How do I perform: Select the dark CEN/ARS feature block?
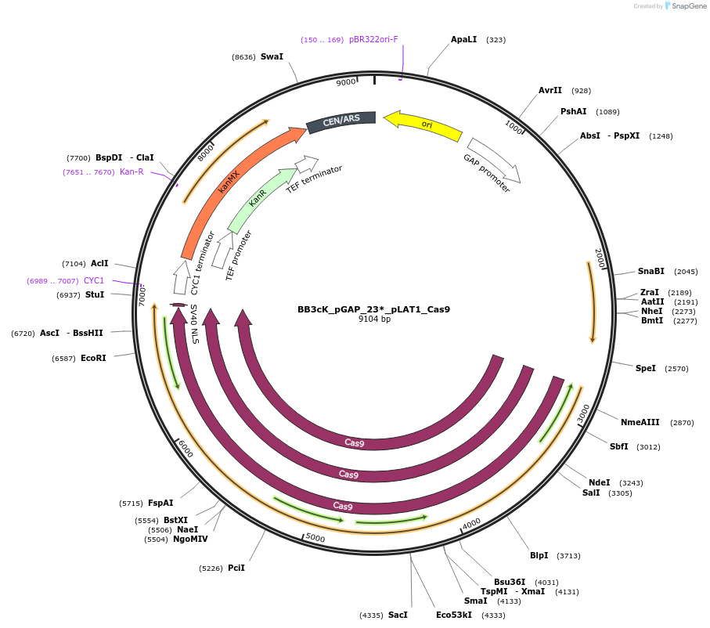pos(341,121)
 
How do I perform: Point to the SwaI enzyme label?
pos(272,57)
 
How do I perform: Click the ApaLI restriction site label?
pos(463,39)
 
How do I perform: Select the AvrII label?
pos(550,91)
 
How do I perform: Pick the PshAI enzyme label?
pos(573,112)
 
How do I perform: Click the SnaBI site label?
pos(651,272)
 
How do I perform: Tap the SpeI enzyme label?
pos(646,368)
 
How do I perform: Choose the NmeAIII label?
pos(640,422)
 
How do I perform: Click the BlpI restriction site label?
pos(539,556)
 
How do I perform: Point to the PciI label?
pos(236,568)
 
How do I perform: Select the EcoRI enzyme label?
pos(93,358)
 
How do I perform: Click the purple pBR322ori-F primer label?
pos(373,40)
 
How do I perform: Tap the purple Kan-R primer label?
pos(132,172)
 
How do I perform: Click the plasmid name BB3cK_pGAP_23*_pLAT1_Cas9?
pos(373,309)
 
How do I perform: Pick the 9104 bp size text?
pos(374,319)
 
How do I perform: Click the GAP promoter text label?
pos(486,174)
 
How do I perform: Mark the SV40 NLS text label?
pos(193,324)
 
